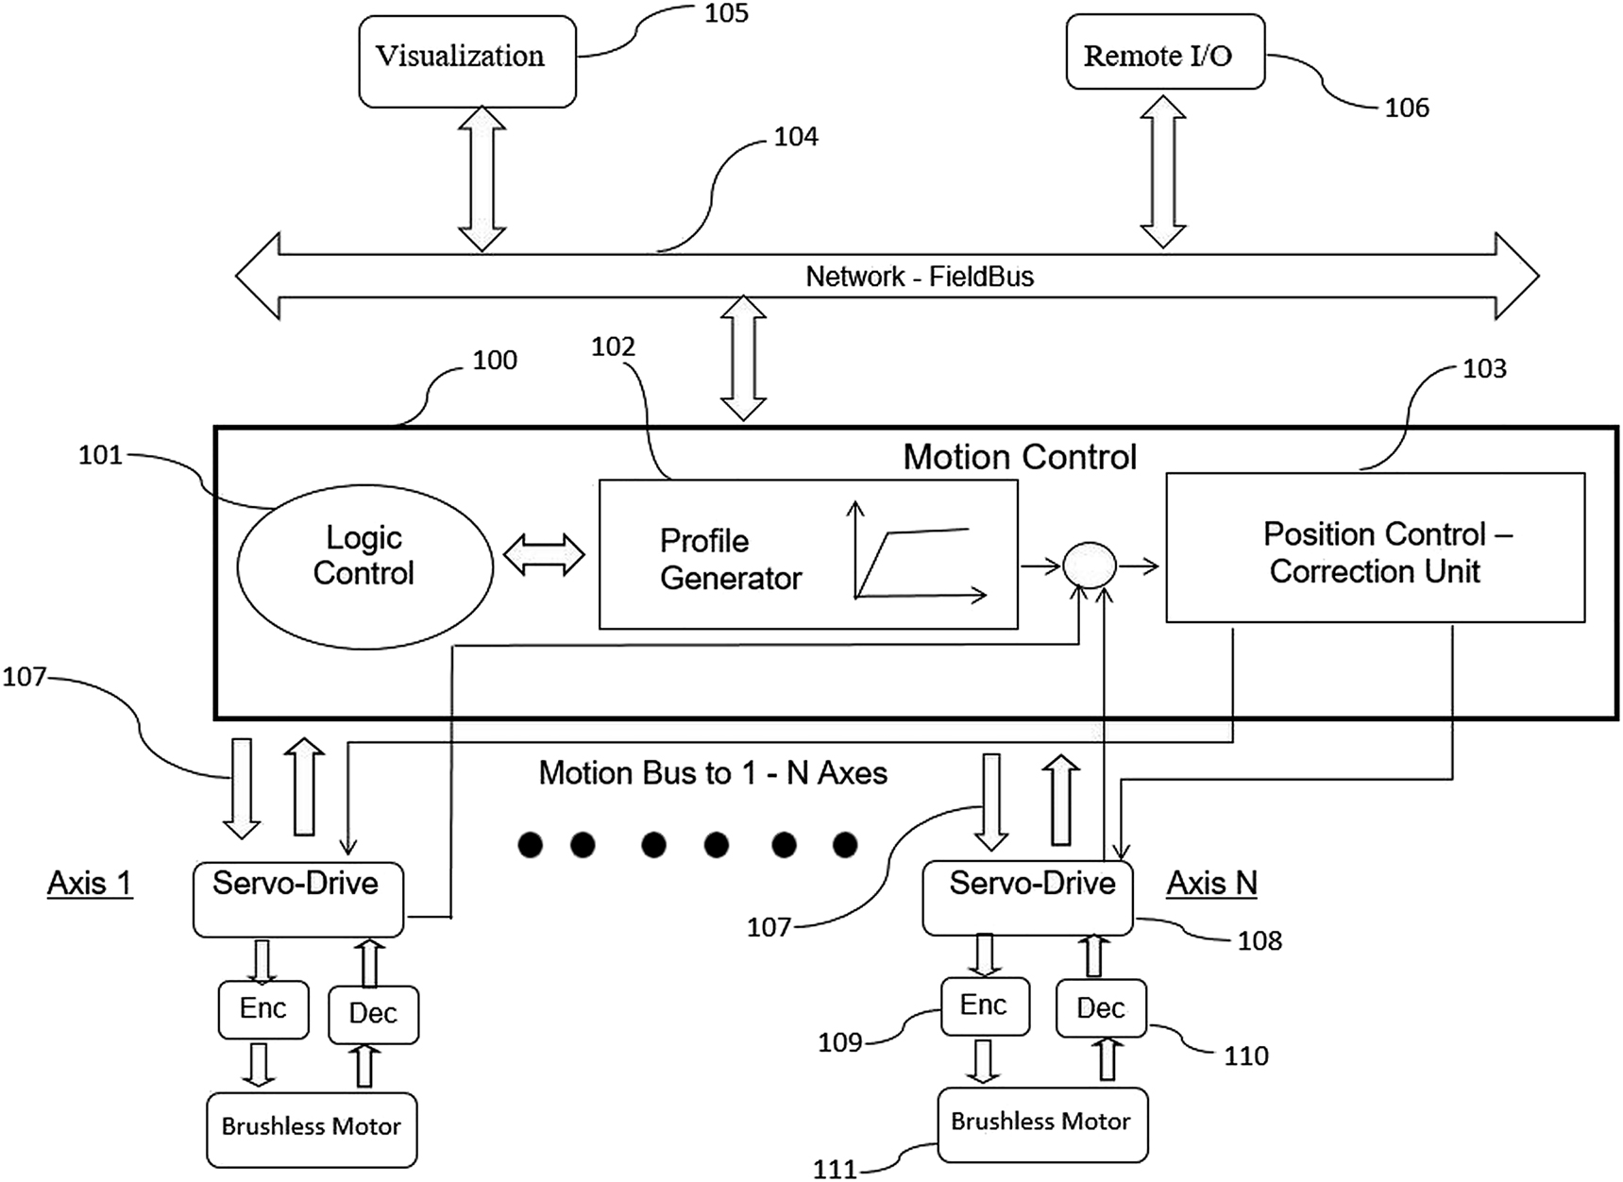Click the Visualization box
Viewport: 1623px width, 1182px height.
(466, 60)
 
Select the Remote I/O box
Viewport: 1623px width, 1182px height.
(1164, 54)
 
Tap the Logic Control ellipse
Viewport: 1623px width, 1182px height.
(364, 567)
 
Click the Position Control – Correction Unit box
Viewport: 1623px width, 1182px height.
(1374, 549)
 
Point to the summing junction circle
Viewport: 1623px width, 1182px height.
(1089, 566)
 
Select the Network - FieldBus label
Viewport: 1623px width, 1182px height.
(919, 277)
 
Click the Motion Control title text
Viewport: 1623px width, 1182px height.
(1019, 457)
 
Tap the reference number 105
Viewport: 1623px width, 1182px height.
(726, 13)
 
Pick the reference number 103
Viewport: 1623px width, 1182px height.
(1483, 368)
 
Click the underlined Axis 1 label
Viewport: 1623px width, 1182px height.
(90, 884)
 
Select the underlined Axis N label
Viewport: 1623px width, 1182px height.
(1211, 884)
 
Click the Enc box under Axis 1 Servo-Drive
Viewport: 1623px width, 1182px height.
(262, 1009)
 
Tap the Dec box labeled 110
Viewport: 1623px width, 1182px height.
(1100, 1008)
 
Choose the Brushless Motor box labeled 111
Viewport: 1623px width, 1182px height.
(1040, 1123)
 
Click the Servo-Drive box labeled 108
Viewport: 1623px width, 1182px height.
(1027, 897)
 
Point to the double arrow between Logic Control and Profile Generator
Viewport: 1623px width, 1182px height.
(545, 554)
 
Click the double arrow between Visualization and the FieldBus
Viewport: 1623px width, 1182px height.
(482, 179)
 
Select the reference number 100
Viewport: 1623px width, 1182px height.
(494, 360)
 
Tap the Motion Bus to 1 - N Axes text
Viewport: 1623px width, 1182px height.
(713, 773)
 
